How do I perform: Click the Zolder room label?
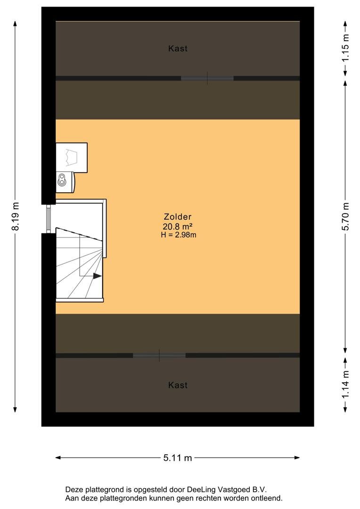tap(178, 217)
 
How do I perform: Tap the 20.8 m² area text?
tap(178, 227)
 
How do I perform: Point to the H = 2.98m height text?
tap(178, 235)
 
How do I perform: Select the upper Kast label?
tap(178, 49)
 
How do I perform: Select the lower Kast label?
tap(178, 386)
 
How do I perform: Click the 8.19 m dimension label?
tap(16, 216)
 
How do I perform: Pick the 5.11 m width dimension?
tap(178, 458)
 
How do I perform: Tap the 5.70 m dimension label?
tap(346, 216)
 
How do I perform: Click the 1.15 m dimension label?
tap(346, 48)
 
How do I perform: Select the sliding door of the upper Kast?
tap(207, 78)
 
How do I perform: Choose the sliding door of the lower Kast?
tap(159, 355)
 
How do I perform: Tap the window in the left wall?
tap(49, 219)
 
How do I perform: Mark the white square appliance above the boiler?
tap(72, 158)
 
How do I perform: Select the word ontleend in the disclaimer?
tap(268, 498)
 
